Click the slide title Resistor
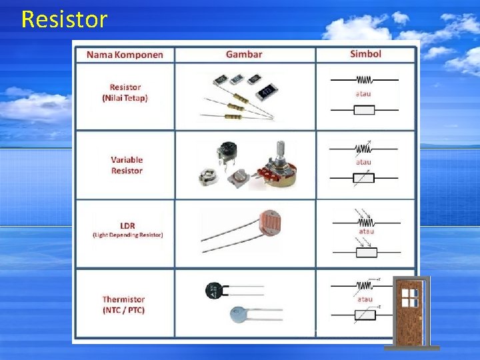click(x=64, y=19)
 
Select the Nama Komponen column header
click(x=125, y=54)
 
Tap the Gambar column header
click(x=244, y=54)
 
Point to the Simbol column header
click(x=365, y=53)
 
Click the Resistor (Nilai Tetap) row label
click(x=125, y=93)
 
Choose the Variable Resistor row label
click(x=127, y=165)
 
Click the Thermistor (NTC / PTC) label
click(x=123, y=305)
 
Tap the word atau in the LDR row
click(x=367, y=231)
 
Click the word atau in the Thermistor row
click(x=365, y=299)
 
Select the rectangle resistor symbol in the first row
click(x=364, y=109)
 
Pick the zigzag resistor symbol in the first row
click(x=364, y=79)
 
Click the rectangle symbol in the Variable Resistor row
click(x=364, y=177)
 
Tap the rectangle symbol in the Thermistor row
click(x=364, y=314)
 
